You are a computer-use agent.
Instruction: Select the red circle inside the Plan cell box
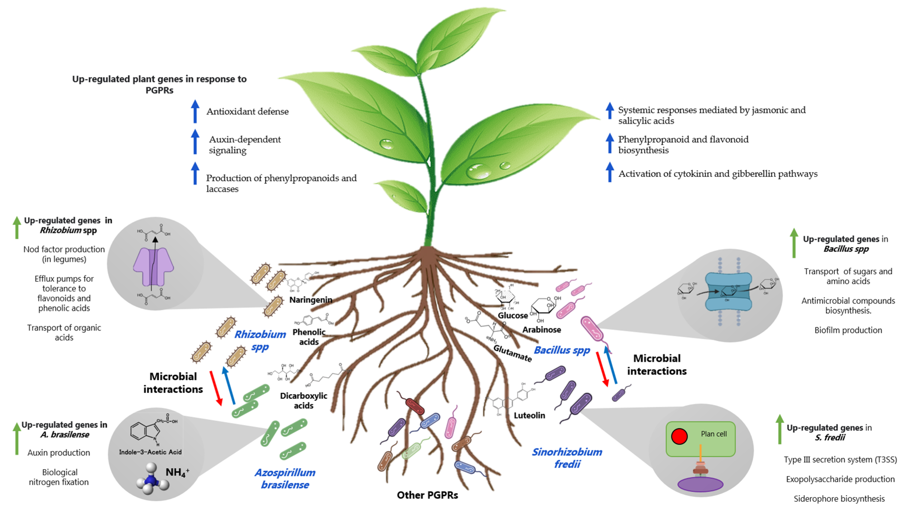tap(679, 436)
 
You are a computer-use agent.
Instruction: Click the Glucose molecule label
tap(512, 316)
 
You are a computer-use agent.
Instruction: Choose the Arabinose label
tap(541, 330)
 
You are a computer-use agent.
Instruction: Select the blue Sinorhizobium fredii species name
tap(567, 458)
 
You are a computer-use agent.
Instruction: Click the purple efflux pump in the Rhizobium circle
tap(153, 267)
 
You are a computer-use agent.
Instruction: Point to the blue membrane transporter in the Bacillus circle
tap(728, 292)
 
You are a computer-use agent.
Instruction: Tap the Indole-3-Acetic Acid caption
tap(150, 452)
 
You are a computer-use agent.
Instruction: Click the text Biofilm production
tap(848, 330)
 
